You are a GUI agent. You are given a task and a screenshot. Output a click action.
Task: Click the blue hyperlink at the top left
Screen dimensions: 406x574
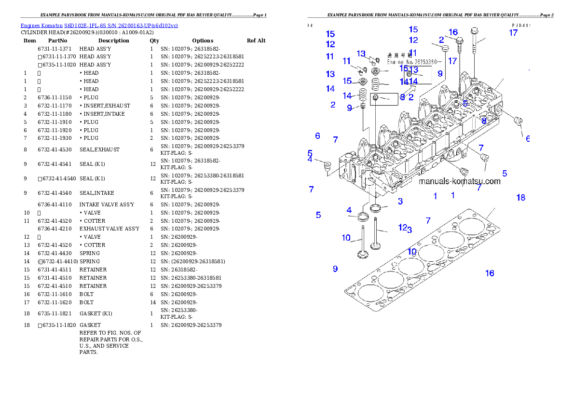coord(99,26)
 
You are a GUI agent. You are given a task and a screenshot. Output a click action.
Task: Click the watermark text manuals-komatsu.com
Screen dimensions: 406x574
coord(459,182)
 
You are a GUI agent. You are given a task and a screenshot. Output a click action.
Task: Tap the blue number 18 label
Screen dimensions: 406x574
coord(520,198)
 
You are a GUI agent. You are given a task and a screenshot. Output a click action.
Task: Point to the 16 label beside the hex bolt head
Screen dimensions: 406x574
coord(453,32)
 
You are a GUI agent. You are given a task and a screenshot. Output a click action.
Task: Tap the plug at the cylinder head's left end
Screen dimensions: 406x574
coord(327,166)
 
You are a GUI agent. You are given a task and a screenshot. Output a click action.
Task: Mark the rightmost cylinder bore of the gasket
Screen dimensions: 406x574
coord(474,226)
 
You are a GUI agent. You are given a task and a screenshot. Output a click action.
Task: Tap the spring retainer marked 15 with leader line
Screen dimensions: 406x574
coord(363,81)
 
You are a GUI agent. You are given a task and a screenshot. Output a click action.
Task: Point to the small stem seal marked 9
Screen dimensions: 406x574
coord(363,106)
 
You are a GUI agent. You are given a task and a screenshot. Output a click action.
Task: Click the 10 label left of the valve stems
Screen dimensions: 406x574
coord(346,238)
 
